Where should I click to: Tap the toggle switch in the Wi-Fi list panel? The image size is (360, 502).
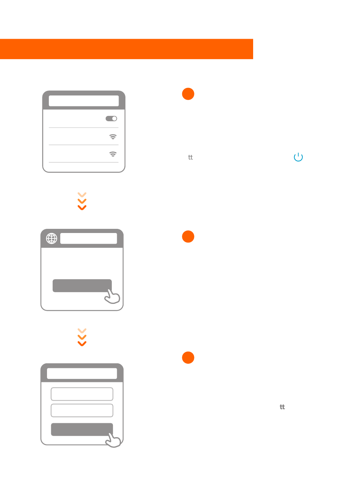(x=111, y=119)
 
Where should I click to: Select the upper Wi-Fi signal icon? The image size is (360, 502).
(x=113, y=137)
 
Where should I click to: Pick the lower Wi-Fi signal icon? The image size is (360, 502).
(x=113, y=154)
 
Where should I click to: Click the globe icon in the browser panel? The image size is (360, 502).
(x=52, y=238)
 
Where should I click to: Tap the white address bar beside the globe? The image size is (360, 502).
(x=89, y=238)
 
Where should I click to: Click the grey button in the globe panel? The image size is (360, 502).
(x=82, y=286)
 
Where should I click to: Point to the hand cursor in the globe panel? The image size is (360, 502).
(x=112, y=297)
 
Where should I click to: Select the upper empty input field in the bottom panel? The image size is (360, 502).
(x=82, y=394)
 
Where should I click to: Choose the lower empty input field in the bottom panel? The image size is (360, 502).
(x=82, y=411)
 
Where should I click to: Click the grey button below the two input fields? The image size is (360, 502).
(x=82, y=430)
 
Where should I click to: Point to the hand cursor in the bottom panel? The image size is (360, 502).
(x=113, y=440)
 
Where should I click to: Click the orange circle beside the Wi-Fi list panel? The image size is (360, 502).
(x=188, y=94)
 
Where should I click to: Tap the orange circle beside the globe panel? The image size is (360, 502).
(x=188, y=237)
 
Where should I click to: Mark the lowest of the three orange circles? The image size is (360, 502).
(x=188, y=358)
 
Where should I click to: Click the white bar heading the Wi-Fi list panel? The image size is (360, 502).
(x=84, y=101)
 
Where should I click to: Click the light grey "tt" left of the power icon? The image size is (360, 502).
(x=190, y=157)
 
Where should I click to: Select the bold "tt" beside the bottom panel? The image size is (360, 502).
(x=282, y=407)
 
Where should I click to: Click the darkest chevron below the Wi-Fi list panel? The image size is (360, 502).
(x=82, y=208)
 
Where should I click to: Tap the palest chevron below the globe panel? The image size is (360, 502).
(x=82, y=331)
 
